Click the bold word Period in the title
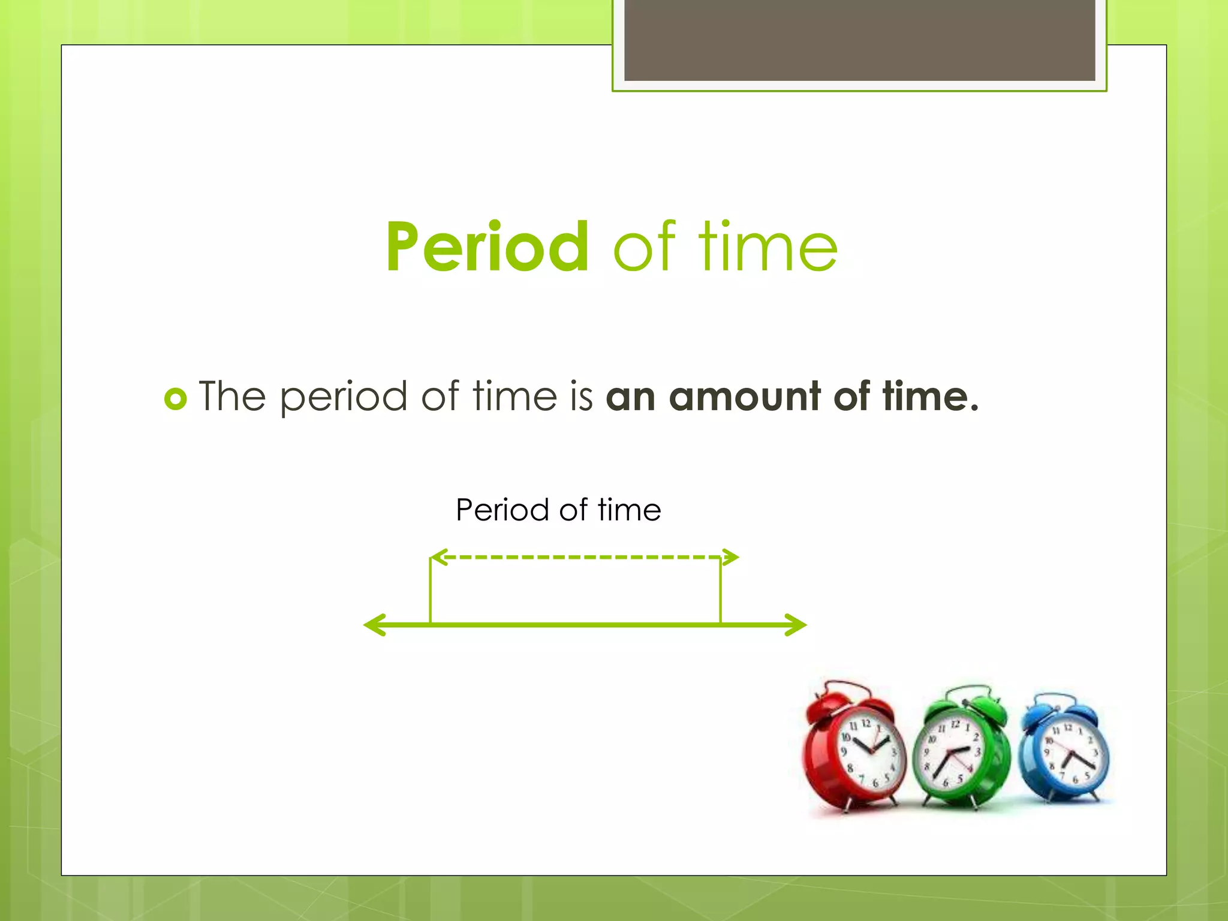[x=487, y=247]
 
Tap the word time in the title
[x=767, y=247]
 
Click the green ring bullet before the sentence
[x=176, y=398]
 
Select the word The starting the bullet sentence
[x=232, y=396]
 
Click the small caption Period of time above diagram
[x=558, y=510]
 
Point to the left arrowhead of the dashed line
[x=440, y=557]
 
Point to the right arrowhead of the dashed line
[x=731, y=557]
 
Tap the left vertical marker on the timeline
[x=431, y=591]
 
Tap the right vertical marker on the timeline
[x=720, y=591]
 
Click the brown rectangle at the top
[x=859, y=40]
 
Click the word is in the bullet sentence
[x=581, y=396]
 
